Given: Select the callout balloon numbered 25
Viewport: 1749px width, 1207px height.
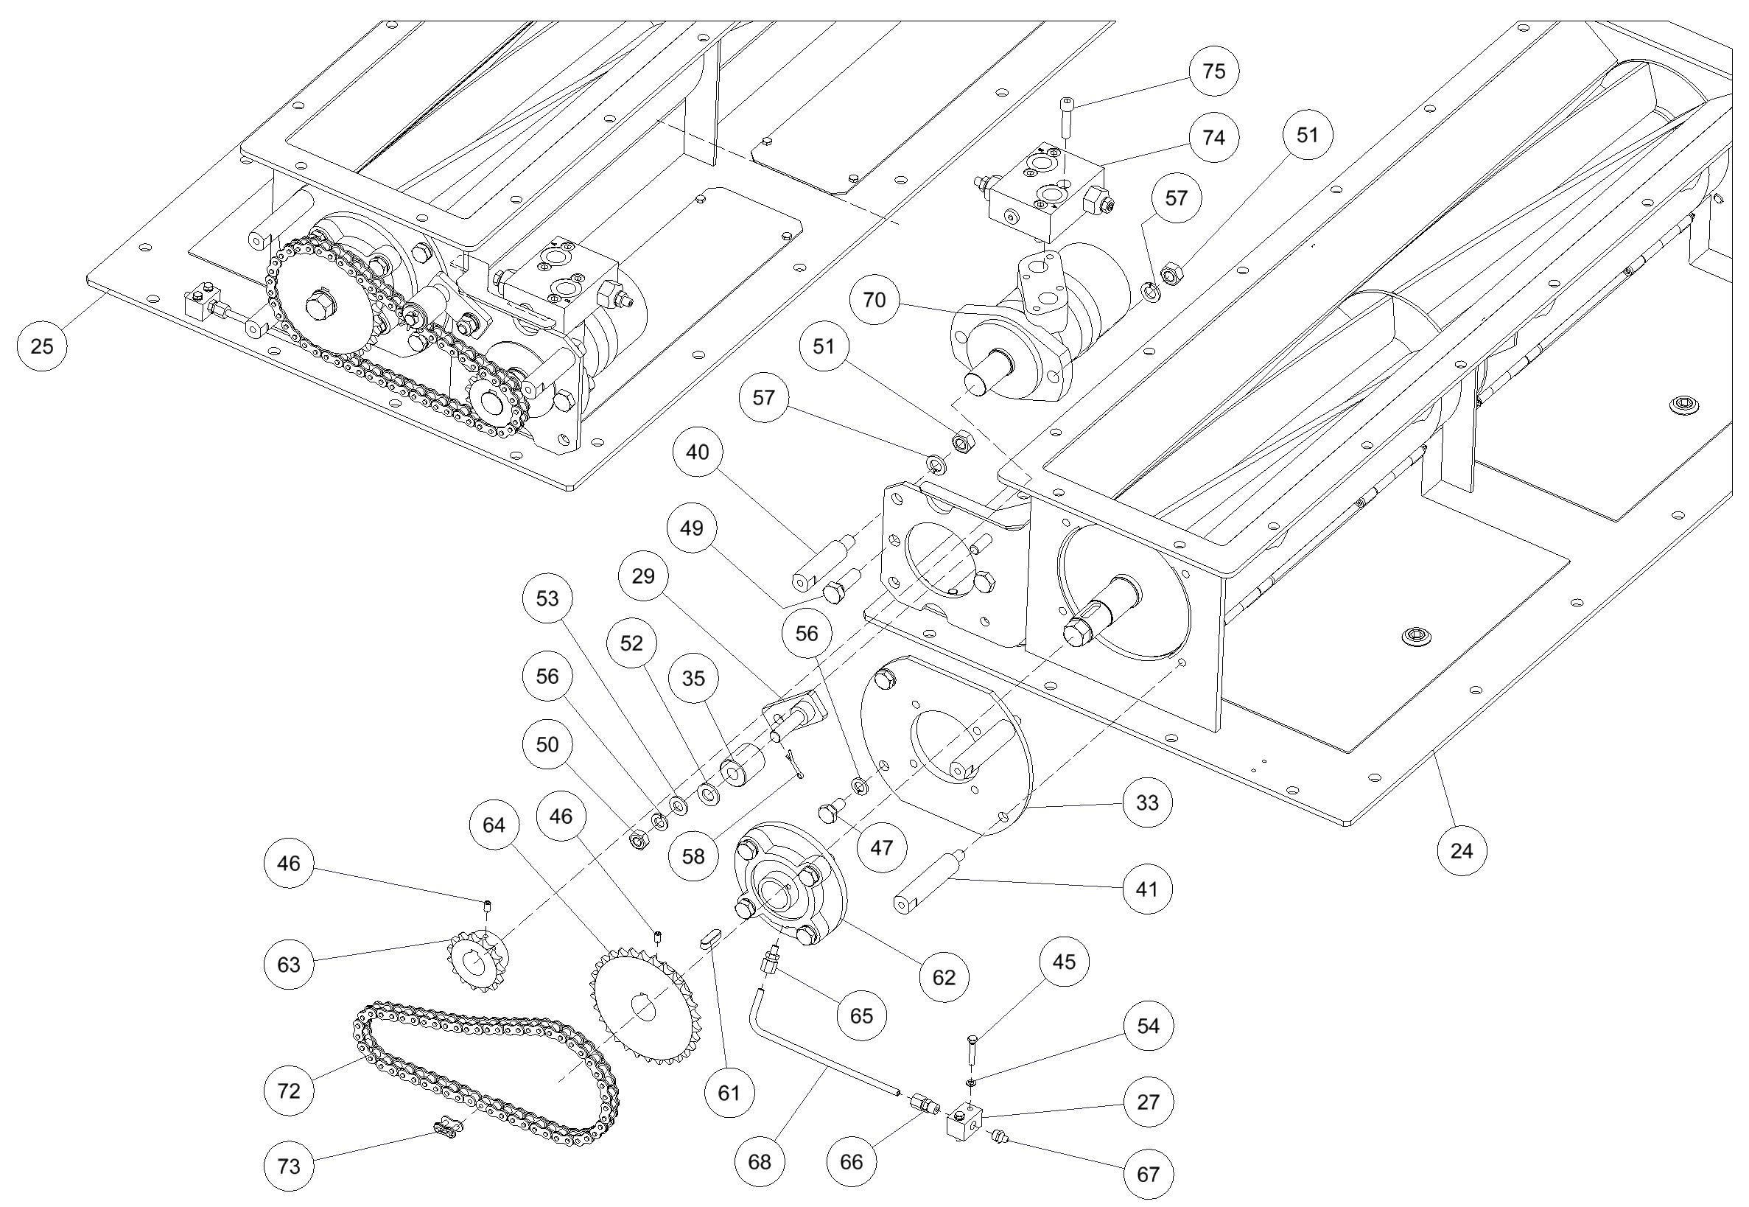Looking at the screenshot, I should coord(41,346).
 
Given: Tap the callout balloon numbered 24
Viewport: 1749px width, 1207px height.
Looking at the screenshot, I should coord(1461,851).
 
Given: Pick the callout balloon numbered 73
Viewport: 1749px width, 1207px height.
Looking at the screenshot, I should coord(289,1166).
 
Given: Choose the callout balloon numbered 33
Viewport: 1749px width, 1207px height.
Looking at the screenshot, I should coord(1147,802).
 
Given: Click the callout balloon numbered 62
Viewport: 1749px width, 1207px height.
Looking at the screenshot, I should coord(944,977).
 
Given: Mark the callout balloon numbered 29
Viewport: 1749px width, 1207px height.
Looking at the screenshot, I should coord(642,576).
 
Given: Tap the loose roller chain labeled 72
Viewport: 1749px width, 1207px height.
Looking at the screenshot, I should coord(484,1074).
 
